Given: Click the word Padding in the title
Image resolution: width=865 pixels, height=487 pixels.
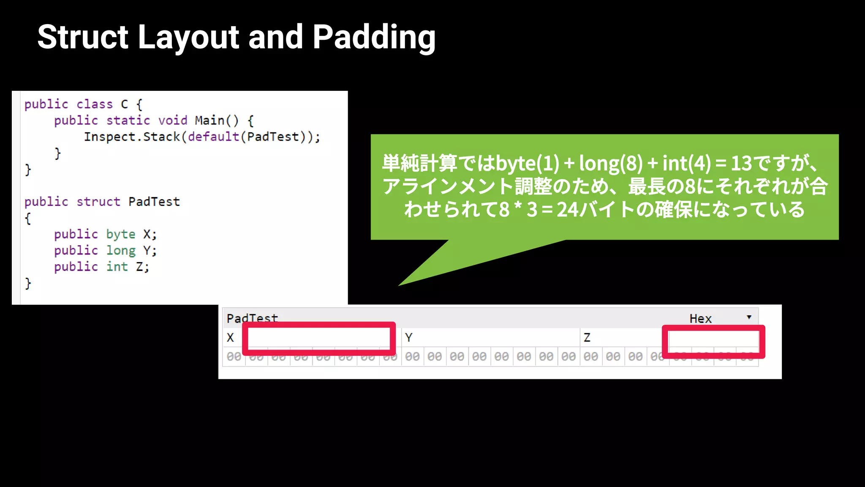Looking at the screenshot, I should pyautogui.click(x=374, y=37).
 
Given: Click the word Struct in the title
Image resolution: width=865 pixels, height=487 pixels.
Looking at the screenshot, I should pyautogui.click(x=83, y=37).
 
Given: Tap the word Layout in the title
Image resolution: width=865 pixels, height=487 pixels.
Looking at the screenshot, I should pyautogui.click(x=188, y=37).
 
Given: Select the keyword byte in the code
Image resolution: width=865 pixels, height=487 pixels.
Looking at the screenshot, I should pyautogui.click(x=120, y=234).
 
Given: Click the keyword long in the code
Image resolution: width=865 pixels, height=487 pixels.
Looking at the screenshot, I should pyautogui.click(x=120, y=250).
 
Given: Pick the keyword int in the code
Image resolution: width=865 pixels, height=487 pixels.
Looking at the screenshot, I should pyautogui.click(x=117, y=266).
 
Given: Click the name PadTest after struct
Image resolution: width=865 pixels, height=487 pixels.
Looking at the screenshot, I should pyautogui.click(x=154, y=201).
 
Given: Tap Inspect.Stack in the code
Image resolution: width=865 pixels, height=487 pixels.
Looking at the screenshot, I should pyautogui.click(x=132, y=137).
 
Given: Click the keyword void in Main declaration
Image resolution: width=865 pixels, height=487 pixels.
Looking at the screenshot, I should pyautogui.click(x=172, y=120).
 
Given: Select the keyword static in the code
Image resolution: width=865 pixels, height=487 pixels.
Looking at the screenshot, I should pyautogui.click(x=128, y=120).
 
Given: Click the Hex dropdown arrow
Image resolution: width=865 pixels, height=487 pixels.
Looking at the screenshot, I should pyautogui.click(x=749, y=317).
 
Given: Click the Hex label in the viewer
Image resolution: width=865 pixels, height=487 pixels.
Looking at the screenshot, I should pyautogui.click(x=700, y=318).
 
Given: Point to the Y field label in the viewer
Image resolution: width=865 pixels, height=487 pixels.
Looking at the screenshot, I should pyautogui.click(x=408, y=337).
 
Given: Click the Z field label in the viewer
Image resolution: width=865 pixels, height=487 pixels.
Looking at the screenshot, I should pyautogui.click(x=587, y=337).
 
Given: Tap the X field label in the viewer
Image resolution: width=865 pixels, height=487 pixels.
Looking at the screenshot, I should pyautogui.click(x=230, y=337).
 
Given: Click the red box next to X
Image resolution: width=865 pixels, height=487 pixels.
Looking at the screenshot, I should pyautogui.click(x=319, y=338).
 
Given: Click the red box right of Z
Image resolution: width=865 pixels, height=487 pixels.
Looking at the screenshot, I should pyautogui.click(x=713, y=341).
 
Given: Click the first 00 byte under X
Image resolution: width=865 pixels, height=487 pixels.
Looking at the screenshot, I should pyautogui.click(x=234, y=356).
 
